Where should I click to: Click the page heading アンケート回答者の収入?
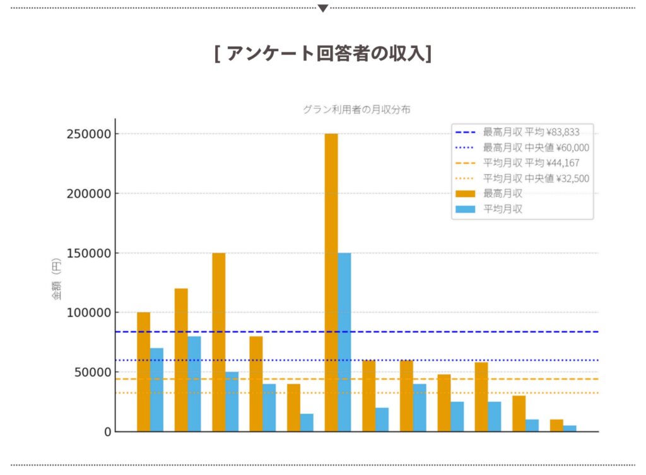tap(323, 54)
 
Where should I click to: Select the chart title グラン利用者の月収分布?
tap(356, 109)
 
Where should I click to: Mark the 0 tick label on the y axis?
tap(108, 432)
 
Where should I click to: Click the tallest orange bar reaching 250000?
tap(331, 282)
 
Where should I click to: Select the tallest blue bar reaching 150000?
tap(344, 342)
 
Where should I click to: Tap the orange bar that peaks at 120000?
tap(181, 360)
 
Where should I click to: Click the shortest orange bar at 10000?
tap(556, 425)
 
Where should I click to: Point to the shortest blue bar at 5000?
tap(570, 428)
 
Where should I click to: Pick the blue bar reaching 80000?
tap(194, 384)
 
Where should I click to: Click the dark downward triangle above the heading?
tap(323, 8)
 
